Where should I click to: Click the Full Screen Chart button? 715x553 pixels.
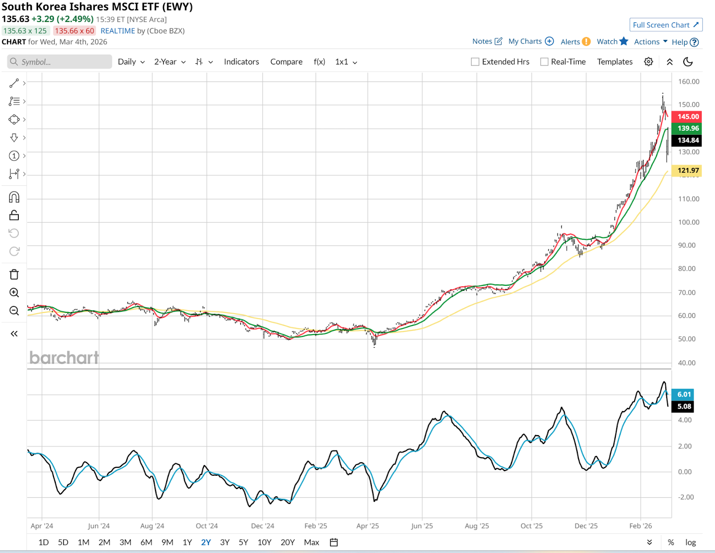[x=665, y=25]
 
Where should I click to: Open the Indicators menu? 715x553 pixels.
[x=241, y=62]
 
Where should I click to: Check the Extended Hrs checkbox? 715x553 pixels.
[x=475, y=62]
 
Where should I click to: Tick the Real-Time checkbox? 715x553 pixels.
[x=544, y=62]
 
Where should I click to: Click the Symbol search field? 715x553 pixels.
[x=60, y=62]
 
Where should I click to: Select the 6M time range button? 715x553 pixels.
[x=146, y=542]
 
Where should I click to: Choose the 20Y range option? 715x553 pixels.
[x=287, y=542]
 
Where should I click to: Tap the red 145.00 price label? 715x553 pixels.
[x=688, y=117]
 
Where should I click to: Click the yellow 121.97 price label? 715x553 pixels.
[x=688, y=170]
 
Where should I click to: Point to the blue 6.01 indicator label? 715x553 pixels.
[x=684, y=394]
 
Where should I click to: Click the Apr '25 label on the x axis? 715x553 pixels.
[x=367, y=526]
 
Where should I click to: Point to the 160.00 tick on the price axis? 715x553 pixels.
[x=688, y=82]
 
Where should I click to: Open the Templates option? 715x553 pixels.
[x=614, y=62]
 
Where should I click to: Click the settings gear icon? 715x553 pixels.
[x=648, y=62]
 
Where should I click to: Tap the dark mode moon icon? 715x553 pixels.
[x=688, y=62]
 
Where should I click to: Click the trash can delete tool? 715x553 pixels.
[x=14, y=274]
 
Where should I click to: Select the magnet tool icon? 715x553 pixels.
[x=14, y=197]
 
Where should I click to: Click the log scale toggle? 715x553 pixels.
[x=690, y=542]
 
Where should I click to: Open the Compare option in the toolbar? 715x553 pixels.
[x=286, y=62]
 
